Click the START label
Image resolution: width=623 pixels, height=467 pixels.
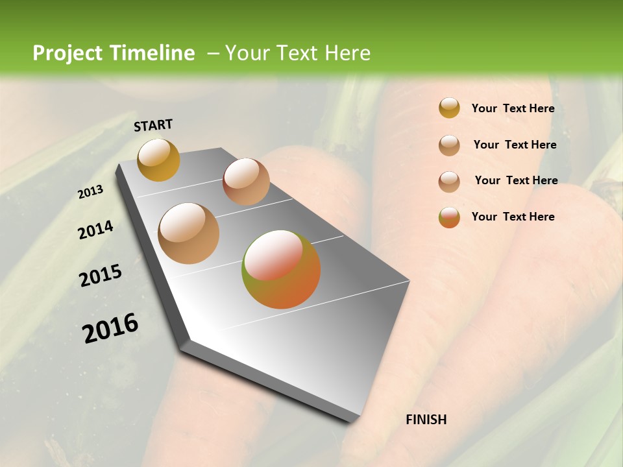(153, 125)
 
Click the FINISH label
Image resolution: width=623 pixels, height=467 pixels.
(426, 420)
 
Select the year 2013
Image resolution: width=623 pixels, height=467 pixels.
(91, 192)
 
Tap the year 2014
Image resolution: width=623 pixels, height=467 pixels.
(95, 230)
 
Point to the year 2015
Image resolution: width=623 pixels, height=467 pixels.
(101, 276)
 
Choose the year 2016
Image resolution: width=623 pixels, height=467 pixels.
(111, 328)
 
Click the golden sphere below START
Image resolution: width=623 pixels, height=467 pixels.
(158, 160)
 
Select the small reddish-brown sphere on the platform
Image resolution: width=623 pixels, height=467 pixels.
(246, 182)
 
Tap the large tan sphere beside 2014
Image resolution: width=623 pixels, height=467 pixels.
(189, 233)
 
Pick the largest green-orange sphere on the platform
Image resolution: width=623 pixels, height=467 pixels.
(281, 269)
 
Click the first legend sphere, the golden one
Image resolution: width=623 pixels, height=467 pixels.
(449, 108)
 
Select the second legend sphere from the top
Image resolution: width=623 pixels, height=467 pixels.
(449, 145)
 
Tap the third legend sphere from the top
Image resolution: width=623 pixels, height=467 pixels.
(449, 181)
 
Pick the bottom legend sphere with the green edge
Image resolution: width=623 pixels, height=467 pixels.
(449, 217)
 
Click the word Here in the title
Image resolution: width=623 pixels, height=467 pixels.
(347, 53)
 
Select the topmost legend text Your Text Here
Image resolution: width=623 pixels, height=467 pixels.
(513, 108)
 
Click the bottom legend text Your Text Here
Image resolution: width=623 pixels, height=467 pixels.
(513, 217)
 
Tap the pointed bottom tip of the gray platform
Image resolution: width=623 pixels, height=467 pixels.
(354, 421)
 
